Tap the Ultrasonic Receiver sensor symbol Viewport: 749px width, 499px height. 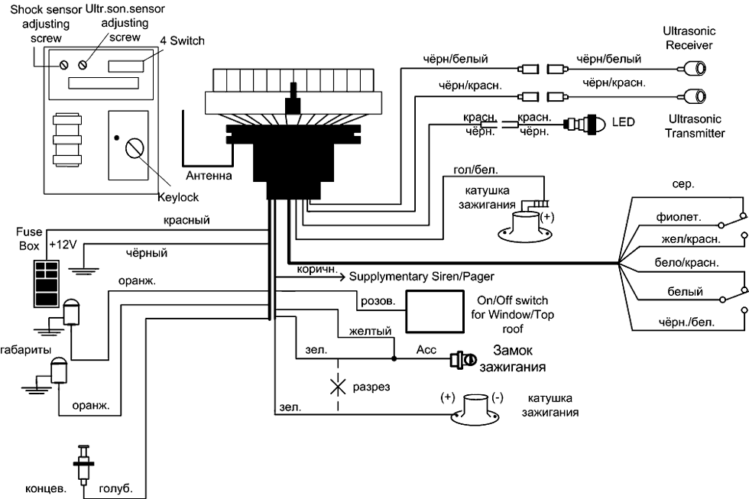point(695,70)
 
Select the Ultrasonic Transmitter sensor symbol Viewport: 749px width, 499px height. point(695,96)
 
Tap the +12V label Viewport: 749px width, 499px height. point(63,245)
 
